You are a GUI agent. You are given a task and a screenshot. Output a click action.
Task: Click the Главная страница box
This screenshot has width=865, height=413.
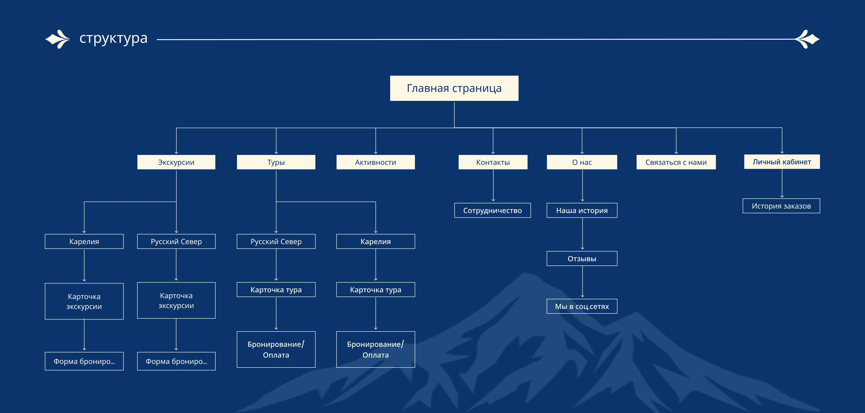[454, 88]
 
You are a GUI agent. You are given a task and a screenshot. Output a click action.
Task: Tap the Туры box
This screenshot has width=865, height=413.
[276, 162]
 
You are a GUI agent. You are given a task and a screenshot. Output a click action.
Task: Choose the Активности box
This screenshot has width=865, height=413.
[376, 162]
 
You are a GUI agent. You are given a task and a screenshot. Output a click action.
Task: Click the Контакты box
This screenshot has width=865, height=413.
[493, 162]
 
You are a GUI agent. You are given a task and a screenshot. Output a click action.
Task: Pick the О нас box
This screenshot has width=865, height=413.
[582, 162]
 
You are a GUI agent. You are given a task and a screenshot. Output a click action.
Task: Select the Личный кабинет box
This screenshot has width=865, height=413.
[781, 162]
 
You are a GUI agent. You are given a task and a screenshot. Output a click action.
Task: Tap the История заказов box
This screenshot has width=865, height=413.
[781, 206]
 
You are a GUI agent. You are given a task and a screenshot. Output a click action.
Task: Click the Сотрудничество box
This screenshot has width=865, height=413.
[492, 211]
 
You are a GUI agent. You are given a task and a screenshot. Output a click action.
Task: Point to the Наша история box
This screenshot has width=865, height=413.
[582, 211]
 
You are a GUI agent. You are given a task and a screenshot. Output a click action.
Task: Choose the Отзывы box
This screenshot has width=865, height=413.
[582, 259]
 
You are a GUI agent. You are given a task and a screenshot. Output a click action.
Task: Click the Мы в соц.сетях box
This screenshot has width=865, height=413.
[582, 306]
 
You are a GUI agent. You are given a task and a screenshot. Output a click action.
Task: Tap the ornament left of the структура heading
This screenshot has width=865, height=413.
[58, 39]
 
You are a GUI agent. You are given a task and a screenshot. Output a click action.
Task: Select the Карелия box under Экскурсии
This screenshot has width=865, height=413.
[84, 241]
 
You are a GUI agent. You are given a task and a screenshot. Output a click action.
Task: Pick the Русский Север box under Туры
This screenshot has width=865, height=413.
[276, 241]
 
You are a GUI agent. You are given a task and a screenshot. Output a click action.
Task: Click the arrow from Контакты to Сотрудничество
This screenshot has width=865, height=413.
[493, 185]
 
